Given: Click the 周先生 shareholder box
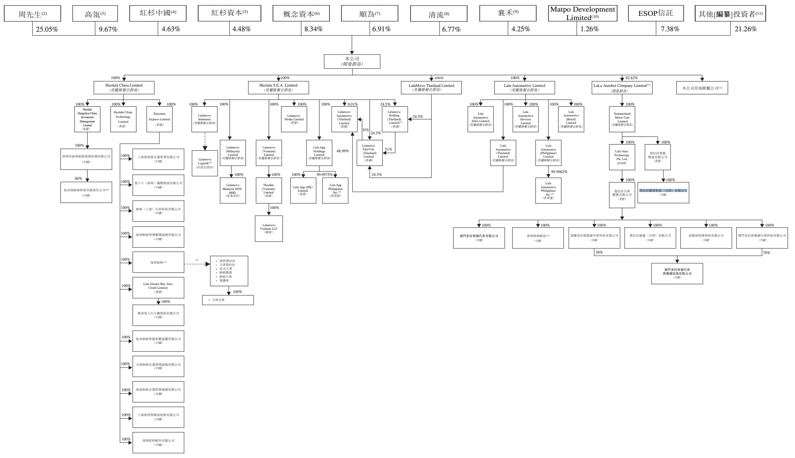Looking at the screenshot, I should (x=32, y=14).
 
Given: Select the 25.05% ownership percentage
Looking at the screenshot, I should (x=47, y=29).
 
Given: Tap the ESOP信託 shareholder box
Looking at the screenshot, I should (x=656, y=13).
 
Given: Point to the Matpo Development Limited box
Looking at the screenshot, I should (x=583, y=13).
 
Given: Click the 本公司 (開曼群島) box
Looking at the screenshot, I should (x=352, y=61).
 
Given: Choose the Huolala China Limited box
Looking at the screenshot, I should (x=124, y=88).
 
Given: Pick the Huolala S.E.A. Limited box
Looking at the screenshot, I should (x=278, y=88).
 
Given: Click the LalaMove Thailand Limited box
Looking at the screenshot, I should (x=431, y=88).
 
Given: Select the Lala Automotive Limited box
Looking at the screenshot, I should (x=524, y=88).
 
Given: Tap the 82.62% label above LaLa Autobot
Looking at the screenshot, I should (x=631, y=78).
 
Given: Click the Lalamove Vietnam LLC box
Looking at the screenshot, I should (x=269, y=229).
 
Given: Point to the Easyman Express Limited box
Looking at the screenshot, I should (x=159, y=119).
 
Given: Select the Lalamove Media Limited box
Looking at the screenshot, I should (x=294, y=119).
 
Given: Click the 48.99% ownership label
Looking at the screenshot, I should (x=342, y=151).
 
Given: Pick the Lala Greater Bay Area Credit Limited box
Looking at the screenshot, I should (x=158, y=287).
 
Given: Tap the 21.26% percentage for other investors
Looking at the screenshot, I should (x=745, y=29).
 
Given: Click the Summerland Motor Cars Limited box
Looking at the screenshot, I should (x=622, y=119).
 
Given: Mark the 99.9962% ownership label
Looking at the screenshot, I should (x=559, y=172).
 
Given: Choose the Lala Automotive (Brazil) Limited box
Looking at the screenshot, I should (x=571, y=119).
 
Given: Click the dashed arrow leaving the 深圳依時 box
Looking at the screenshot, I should (x=197, y=264).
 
